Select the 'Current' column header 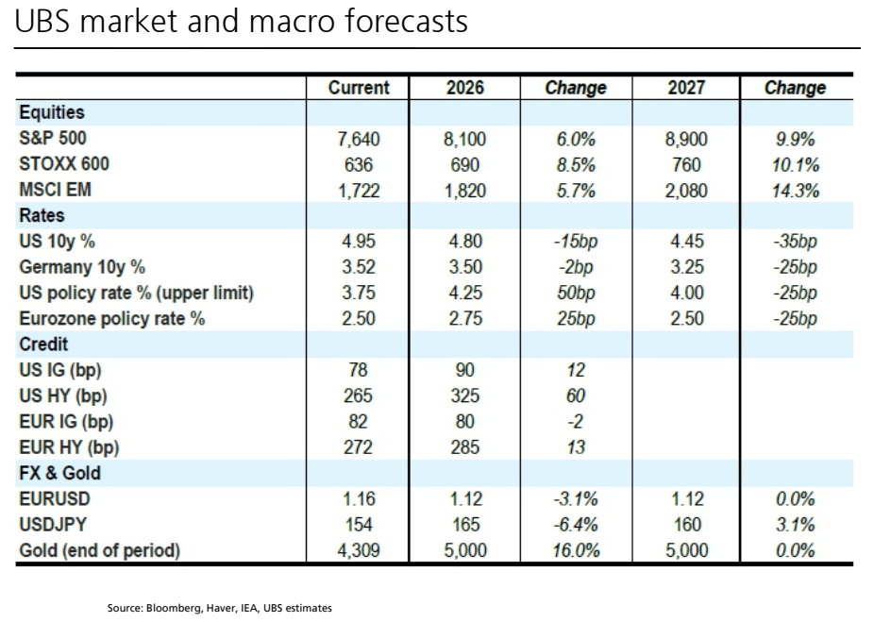(359, 88)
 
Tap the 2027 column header (686, 88)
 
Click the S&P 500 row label (53, 138)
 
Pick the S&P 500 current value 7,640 (359, 139)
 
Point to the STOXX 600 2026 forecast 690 (465, 165)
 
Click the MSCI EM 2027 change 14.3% (796, 191)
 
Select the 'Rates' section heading (42, 215)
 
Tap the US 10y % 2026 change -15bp (576, 242)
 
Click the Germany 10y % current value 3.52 (359, 267)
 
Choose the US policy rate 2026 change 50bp (576, 293)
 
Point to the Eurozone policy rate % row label (112, 319)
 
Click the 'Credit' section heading (43, 344)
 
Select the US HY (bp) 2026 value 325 (465, 395)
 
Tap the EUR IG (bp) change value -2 (576, 421)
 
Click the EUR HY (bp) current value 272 (358, 447)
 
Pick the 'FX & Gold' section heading (60, 473)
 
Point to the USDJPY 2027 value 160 (687, 525)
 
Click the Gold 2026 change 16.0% (576, 550)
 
